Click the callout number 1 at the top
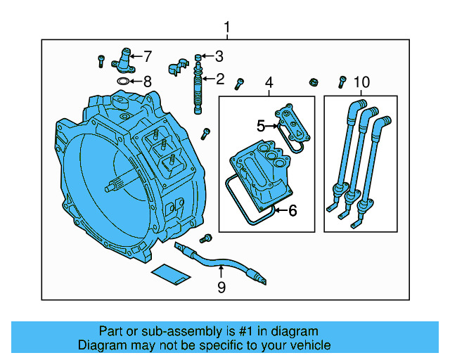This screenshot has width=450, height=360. [x=226, y=27]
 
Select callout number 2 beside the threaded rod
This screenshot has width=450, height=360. [x=219, y=79]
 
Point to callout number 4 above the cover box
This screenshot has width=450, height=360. [x=268, y=84]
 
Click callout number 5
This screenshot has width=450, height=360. [x=260, y=126]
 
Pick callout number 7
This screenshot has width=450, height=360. [x=147, y=56]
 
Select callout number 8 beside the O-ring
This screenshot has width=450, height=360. [x=147, y=82]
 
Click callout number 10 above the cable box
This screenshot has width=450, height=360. [x=360, y=84]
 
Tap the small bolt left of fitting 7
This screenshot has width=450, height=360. [x=102, y=59]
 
